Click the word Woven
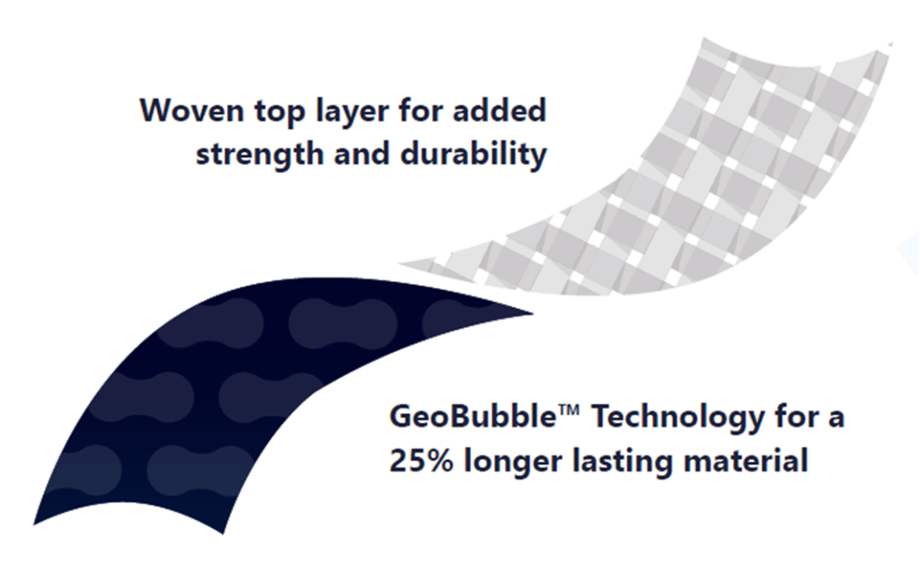[191, 110]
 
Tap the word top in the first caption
[279, 112]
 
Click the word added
[500, 110]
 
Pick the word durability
[473, 154]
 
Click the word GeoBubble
[473, 418]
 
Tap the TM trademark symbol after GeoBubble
[569, 410]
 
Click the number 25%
[421, 462]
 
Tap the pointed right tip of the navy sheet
[533, 313]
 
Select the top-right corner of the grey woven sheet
[892, 43]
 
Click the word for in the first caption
[420, 110]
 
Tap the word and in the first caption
[362, 154]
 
